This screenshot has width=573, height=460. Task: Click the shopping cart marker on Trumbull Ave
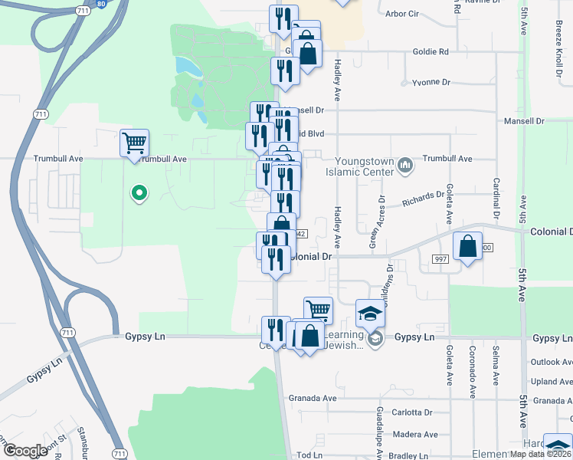point(135,143)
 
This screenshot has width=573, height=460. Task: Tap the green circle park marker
point(139,193)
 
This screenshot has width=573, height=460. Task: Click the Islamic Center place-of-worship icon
point(406,163)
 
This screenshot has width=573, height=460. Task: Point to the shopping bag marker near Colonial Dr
point(467,247)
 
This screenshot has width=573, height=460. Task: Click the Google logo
point(25,451)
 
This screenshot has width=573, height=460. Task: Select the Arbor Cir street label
point(401,14)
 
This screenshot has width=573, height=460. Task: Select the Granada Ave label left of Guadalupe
point(313,399)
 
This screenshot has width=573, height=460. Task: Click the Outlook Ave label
point(552,362)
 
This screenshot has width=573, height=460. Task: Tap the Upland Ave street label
point(552,381)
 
